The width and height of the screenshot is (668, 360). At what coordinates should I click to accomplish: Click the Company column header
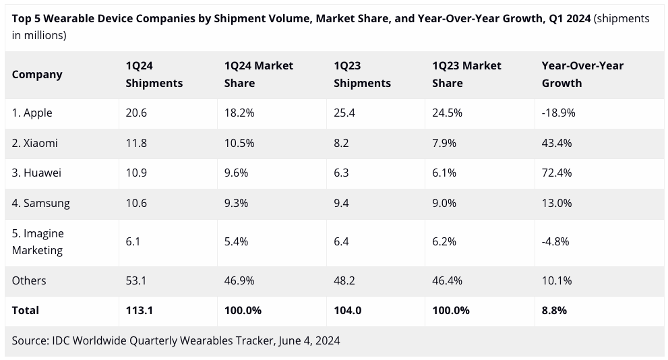37,75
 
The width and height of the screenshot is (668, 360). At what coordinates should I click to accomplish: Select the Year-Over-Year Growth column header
582,74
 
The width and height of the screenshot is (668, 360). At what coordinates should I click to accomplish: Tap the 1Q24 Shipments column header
154,74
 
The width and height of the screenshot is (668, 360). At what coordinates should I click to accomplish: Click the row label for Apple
32,113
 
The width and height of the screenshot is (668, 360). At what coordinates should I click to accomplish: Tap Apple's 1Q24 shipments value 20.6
135,113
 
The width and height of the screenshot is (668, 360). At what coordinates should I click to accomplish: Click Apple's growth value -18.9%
559,113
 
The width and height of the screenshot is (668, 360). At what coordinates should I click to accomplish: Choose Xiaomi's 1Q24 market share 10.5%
239,143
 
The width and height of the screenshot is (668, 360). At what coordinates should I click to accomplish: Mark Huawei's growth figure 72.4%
557,173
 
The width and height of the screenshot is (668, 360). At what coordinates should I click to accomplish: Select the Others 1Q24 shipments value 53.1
135,280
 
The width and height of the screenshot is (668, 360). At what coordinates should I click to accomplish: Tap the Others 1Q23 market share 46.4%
448,280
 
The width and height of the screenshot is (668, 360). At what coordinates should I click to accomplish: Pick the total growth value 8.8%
554,310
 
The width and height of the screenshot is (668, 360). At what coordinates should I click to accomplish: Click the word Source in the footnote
30,340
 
